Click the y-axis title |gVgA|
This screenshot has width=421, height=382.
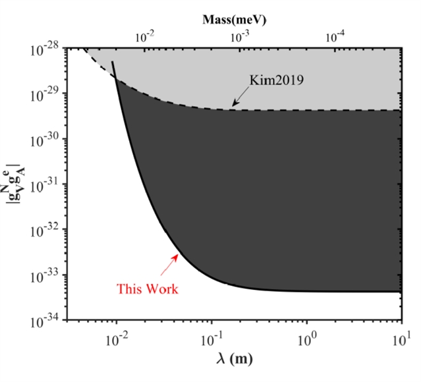point(15,186)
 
